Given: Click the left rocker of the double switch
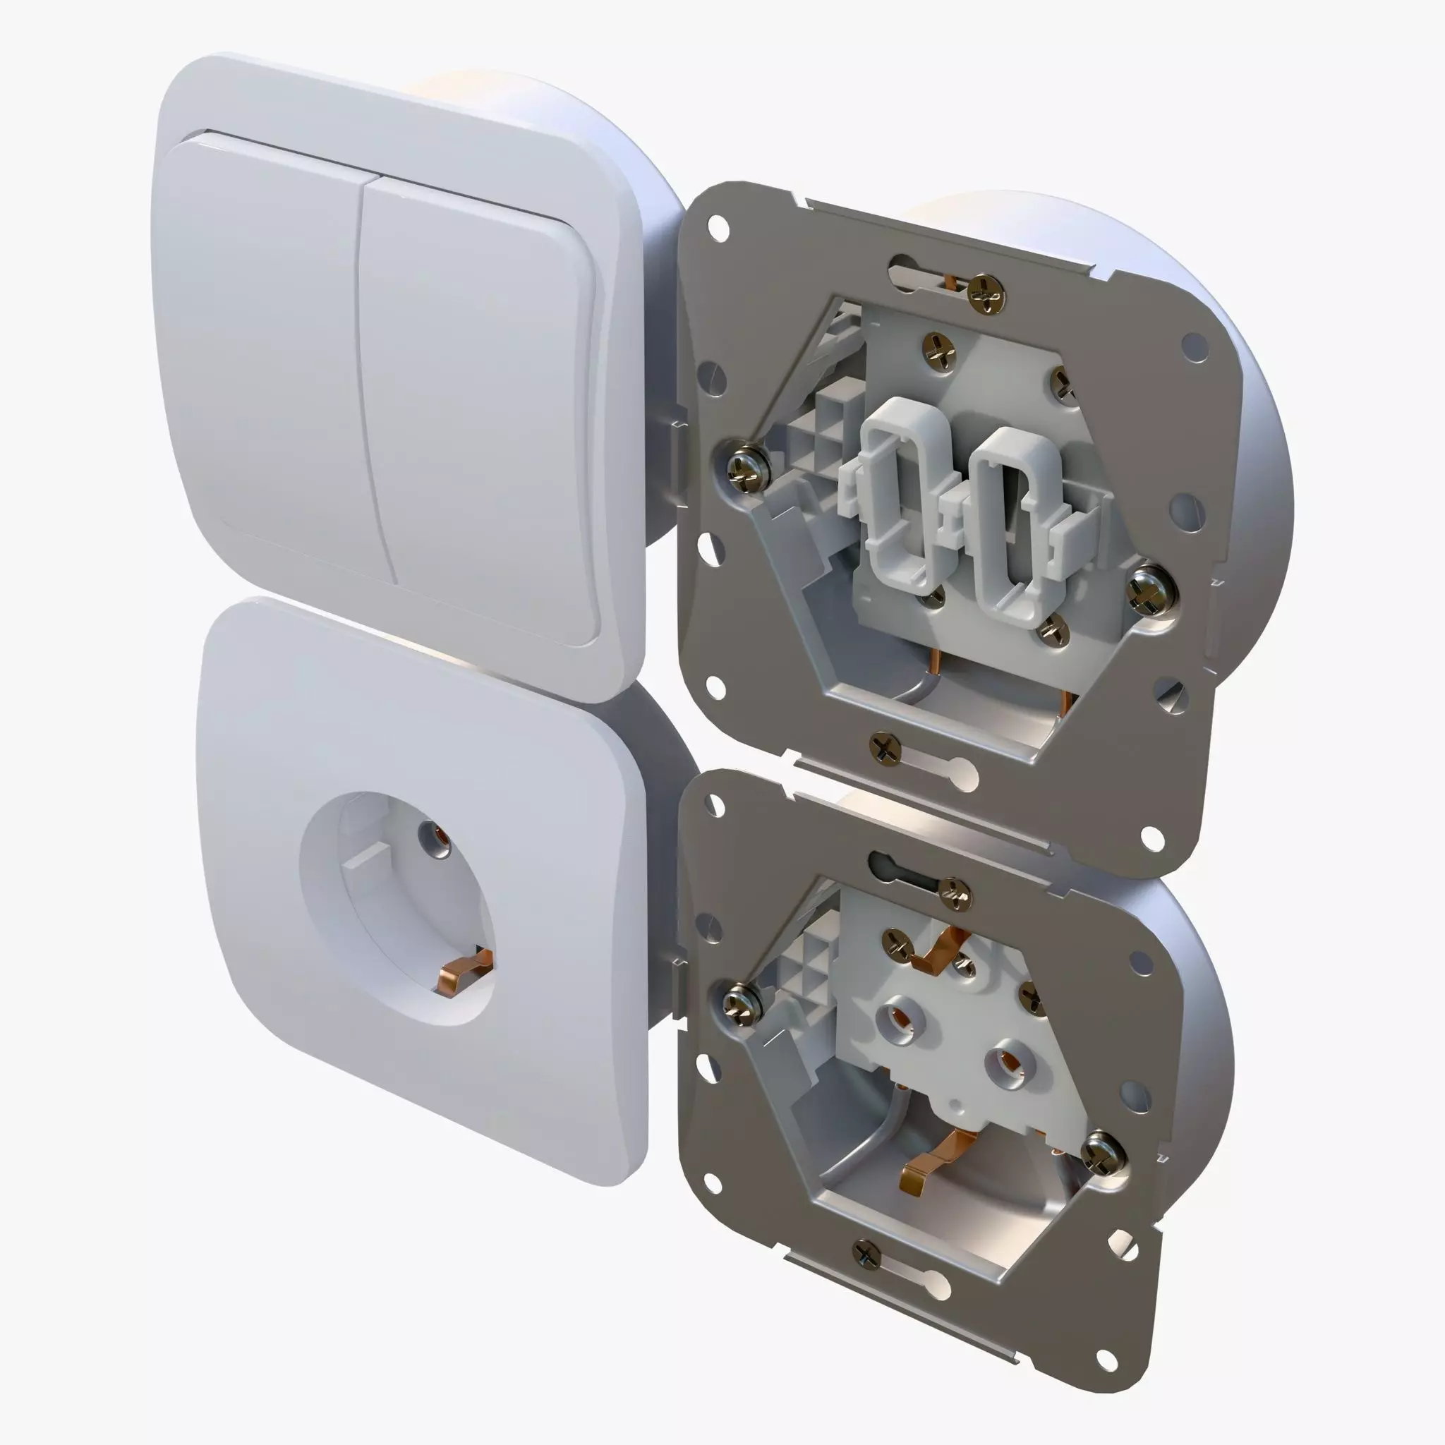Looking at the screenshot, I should pos(262,351).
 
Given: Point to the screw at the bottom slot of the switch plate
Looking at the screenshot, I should pos(885,747).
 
